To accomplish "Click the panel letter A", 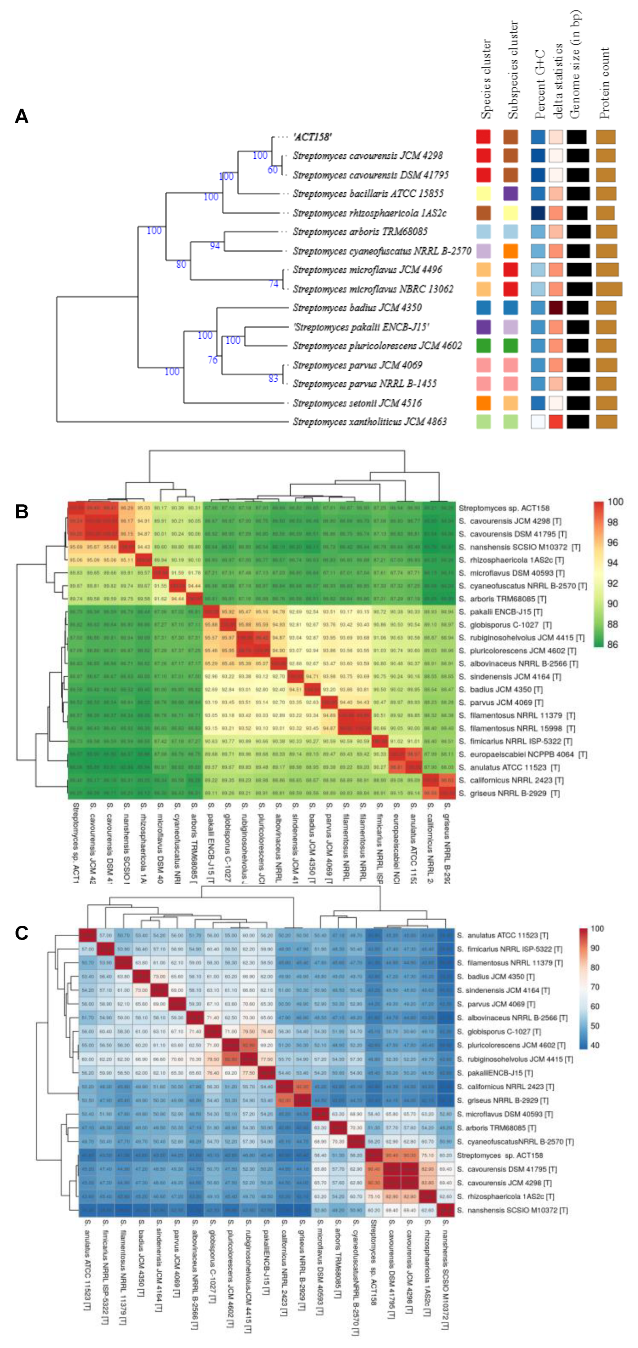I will [x=21, y=116].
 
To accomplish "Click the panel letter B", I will [x=21, y=511].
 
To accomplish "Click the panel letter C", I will [x=21, y=933].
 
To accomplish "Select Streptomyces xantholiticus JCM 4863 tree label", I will [x=370, y=422].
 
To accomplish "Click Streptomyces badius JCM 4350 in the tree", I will [x=357, y=308].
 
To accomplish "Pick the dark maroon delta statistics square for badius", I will [x=555, y=308].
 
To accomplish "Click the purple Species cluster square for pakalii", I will [x=484, y=327].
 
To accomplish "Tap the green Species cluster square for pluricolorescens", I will [x=484, y=346].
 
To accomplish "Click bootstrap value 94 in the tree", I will [x=215, y=245].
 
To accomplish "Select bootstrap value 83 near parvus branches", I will [x=273, y=378].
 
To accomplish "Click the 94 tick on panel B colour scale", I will [x=612, y=563].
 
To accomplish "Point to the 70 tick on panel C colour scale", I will [x=595, y=987].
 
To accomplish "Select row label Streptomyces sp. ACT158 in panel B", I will [x=504, y=508].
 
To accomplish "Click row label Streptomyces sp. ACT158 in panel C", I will [x=500, y=1155].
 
